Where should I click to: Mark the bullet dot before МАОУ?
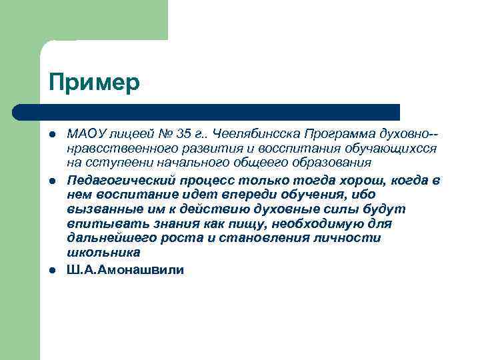tap(53, 135)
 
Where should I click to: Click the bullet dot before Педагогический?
tap(53, 180)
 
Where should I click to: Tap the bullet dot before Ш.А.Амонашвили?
tap(53, 270)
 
